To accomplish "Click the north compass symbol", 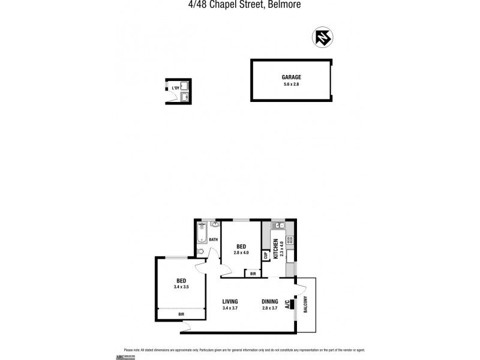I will click(322, 38).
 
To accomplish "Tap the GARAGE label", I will click(291, 77).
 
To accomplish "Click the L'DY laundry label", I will click(176, 89).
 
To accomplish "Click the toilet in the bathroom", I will click(201, 251).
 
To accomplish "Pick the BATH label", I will click(213, 239).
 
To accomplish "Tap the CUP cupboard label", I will click(265, 255).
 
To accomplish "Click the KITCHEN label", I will click(276, 248).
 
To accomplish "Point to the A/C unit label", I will click(288, 304).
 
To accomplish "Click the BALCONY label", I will click(305, 307).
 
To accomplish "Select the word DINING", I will click(270, 302).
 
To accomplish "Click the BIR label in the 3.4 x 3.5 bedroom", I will click(181, 313).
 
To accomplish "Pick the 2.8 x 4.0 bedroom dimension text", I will click(241, 253).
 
